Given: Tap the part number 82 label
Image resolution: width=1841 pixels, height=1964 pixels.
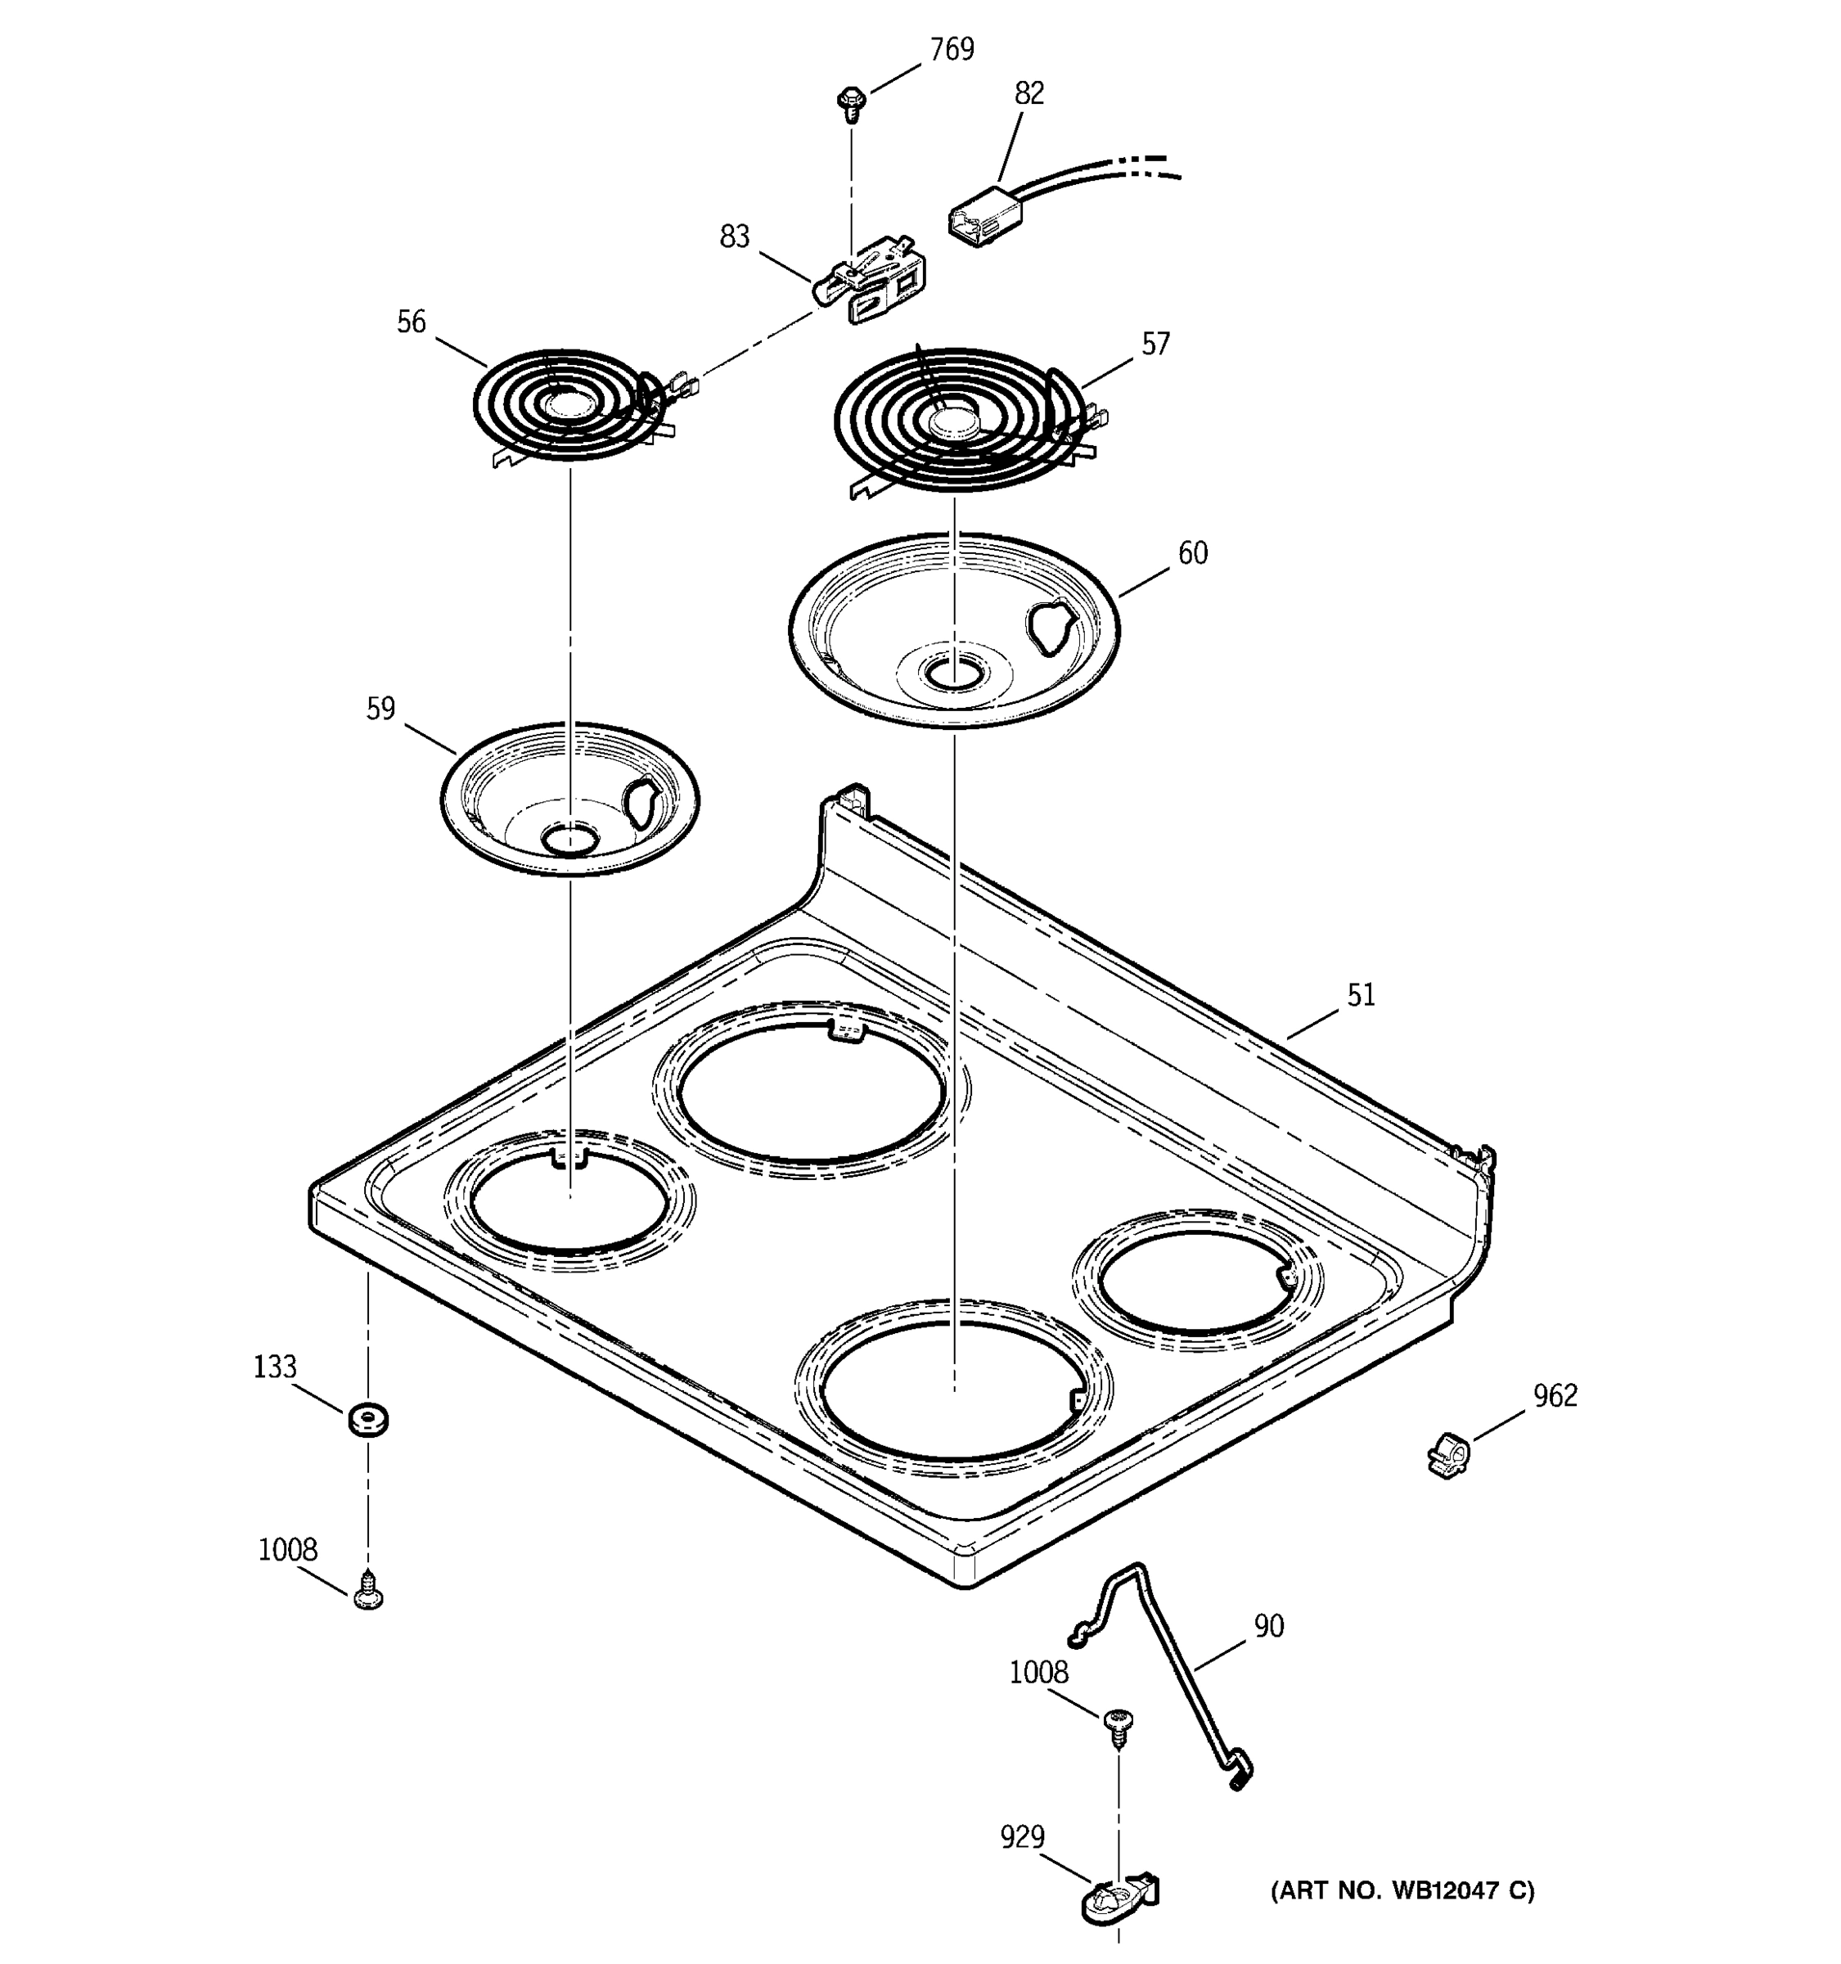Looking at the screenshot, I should [x=1029, y=92].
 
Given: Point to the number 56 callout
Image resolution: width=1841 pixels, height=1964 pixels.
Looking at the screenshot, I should [x=411, y=322].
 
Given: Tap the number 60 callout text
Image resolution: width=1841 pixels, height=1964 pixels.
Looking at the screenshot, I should [x=1192, y=553].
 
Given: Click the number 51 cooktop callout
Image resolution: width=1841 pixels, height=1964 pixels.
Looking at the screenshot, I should [x=1360, y=995].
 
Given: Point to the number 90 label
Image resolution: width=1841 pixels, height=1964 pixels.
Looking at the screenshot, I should [x=1268, y=1626].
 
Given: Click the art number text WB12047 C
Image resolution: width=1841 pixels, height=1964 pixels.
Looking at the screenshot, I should [x=1402, y=1891].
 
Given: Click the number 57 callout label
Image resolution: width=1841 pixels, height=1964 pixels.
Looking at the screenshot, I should [x=1155, y=344].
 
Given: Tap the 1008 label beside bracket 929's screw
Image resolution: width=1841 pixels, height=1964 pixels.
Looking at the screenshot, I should [x=1038, y=1673].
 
